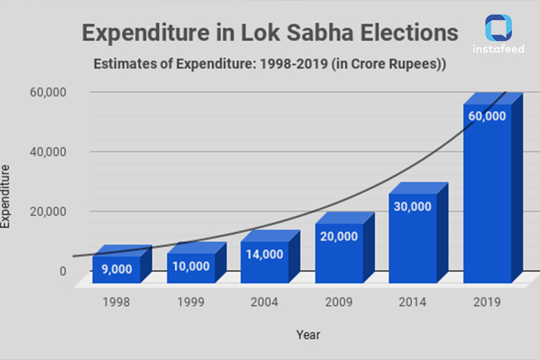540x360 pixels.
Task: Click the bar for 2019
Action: pyautogui.click(x=487, y=194)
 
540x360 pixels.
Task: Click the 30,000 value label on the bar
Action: pyautogui.click(x=413, y=207)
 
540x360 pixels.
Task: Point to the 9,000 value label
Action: pyautogui.click(x=116, y=269)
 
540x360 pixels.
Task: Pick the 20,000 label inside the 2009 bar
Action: pyautogui.click(x=338, y=237)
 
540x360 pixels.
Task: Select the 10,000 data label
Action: pyautogui.click(x=191, y=266)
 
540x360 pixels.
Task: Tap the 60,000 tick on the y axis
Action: pyautogui.click(x=49, y=92)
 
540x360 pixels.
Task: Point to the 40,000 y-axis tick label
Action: pyautogui.click(x=49, y=152)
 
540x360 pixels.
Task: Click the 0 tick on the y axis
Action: pyautogui.click(x=63, y=271)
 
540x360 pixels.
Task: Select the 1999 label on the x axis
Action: pyautogui.click(x=191, y=302)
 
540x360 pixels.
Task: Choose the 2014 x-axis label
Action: pyautogui.click(x=413, y=302)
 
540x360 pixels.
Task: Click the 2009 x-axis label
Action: pyautogui.click(x=338, y=302)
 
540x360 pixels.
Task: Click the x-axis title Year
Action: pyautogui.click(x=307, y=335)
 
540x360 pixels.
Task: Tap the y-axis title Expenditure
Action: pyautogui.click(x=6, y=197)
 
